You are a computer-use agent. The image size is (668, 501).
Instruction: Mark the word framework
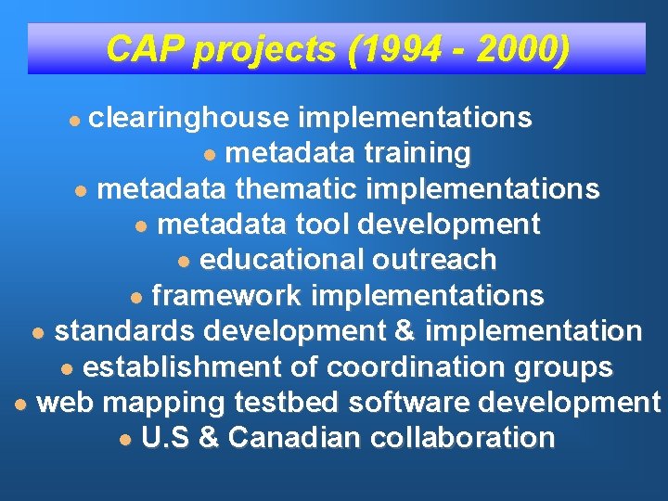coord(226,296)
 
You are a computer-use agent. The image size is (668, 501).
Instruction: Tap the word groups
coord(562,366)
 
